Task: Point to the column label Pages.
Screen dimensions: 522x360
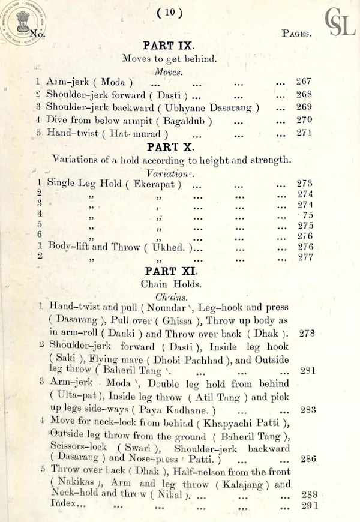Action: point(296,34)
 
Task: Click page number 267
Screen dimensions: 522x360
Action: point(304,81)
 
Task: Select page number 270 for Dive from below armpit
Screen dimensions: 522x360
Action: point(304,120)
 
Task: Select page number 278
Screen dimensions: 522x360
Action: point(307,333)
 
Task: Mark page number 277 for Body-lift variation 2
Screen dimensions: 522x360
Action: point(305,258)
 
